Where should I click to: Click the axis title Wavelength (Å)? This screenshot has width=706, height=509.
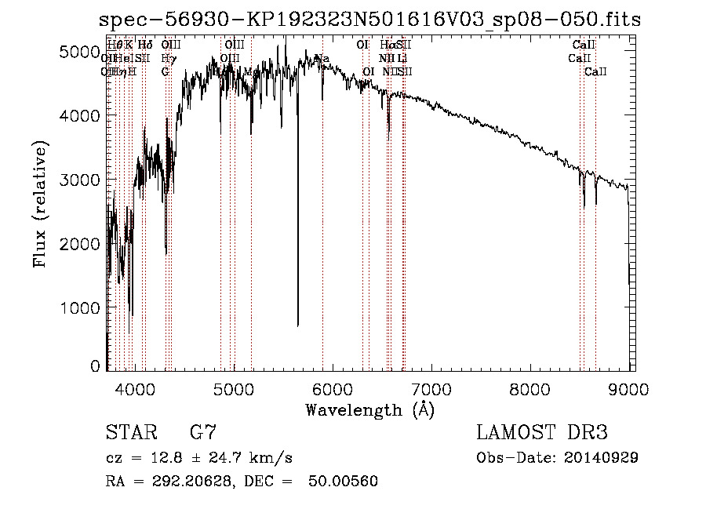click(369, 409)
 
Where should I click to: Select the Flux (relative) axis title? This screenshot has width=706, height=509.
click(40, 204)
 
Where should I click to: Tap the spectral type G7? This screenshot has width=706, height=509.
click(202, 433)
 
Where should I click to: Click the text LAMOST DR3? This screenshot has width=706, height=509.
click(542, 433)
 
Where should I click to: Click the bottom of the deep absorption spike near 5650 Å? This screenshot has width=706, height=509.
click(297, 325)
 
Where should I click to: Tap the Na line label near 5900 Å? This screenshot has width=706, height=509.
click(322, 59)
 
